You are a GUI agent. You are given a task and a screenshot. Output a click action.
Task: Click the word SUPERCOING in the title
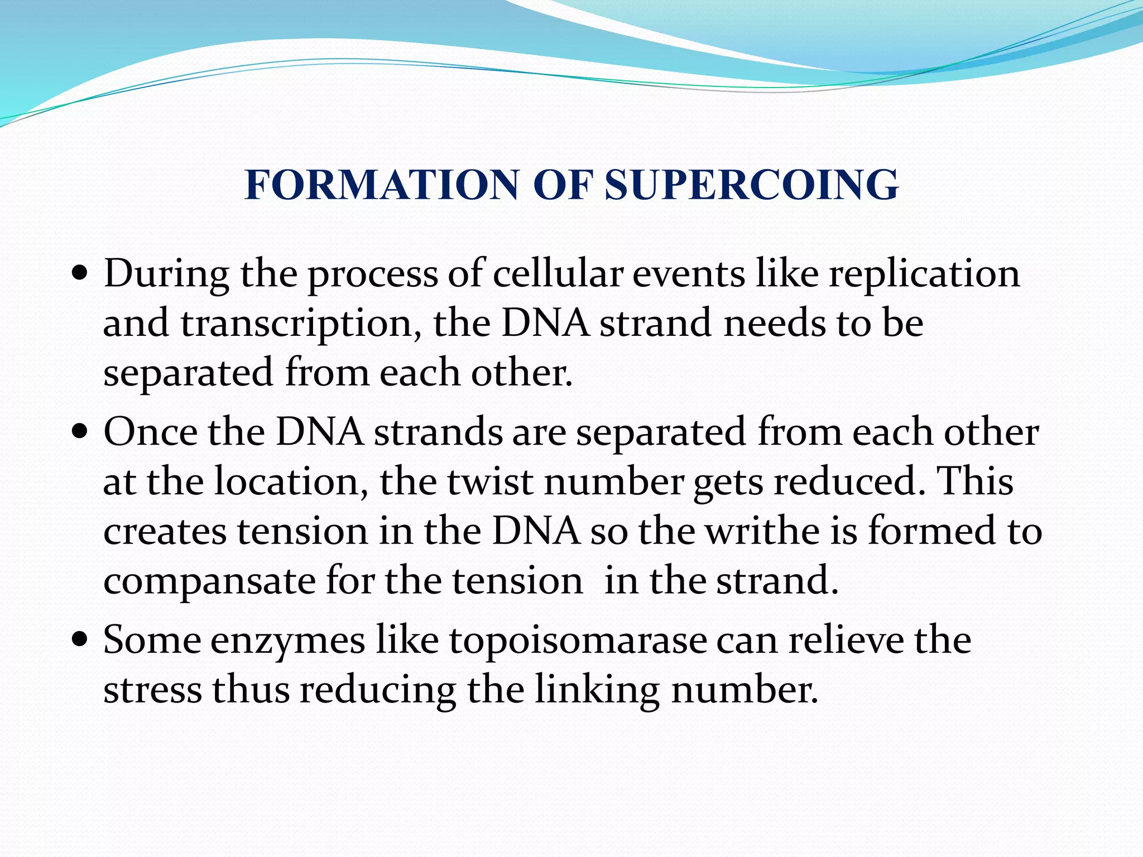point(751,185)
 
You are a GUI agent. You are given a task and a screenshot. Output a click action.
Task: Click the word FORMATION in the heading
point(382,185)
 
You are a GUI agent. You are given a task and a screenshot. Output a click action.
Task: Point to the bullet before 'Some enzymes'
point(80,640)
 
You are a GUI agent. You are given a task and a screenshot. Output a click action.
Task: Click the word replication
point(924,275)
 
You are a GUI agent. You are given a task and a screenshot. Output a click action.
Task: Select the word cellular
point(558,275)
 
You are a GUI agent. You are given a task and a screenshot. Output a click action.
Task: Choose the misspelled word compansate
point(209,581)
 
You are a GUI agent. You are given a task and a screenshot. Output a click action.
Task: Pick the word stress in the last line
point(152,690)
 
